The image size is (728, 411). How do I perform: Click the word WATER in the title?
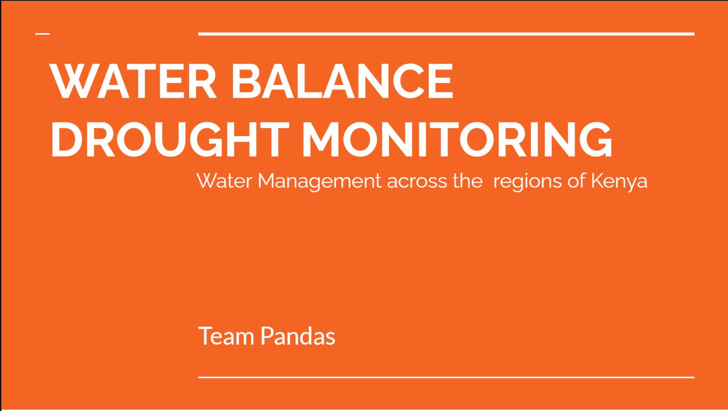(x=133, y=81)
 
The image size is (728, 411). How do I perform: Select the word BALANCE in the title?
(x=342, y=81)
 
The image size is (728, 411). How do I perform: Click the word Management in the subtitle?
(x=319, y=181)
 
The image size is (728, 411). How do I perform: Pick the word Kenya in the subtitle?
(x=619, y=182)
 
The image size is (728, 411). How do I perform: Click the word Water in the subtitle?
(x=225, y=181)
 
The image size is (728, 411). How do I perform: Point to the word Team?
(x=226, y=336)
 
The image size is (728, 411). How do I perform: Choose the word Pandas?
(x=298, y=336)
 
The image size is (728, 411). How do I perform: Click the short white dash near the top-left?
(x=42, y=34)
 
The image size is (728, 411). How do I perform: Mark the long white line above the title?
(x=446, y=34)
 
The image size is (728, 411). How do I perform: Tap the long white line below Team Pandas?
(x=446, y=377)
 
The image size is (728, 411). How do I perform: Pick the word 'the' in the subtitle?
(x=467, y=181)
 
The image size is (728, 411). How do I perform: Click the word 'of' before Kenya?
(x=577, y=181)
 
